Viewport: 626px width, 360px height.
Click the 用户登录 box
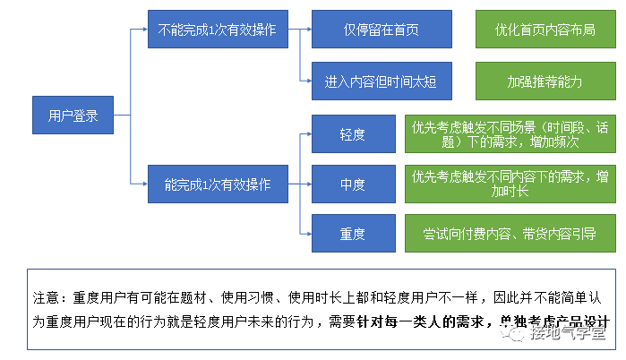[73, 115]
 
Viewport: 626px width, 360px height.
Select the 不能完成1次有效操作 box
[216, 30]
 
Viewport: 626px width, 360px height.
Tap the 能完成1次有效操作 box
[216, 184]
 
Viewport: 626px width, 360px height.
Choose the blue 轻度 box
[352, 134]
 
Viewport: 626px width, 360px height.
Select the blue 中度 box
[352, 184]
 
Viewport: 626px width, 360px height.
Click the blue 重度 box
[352, 234]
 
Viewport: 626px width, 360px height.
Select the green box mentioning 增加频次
[510, 134]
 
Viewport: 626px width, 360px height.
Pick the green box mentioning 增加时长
[510, 184]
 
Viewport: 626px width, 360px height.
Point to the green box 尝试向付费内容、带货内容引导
[510, 234]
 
